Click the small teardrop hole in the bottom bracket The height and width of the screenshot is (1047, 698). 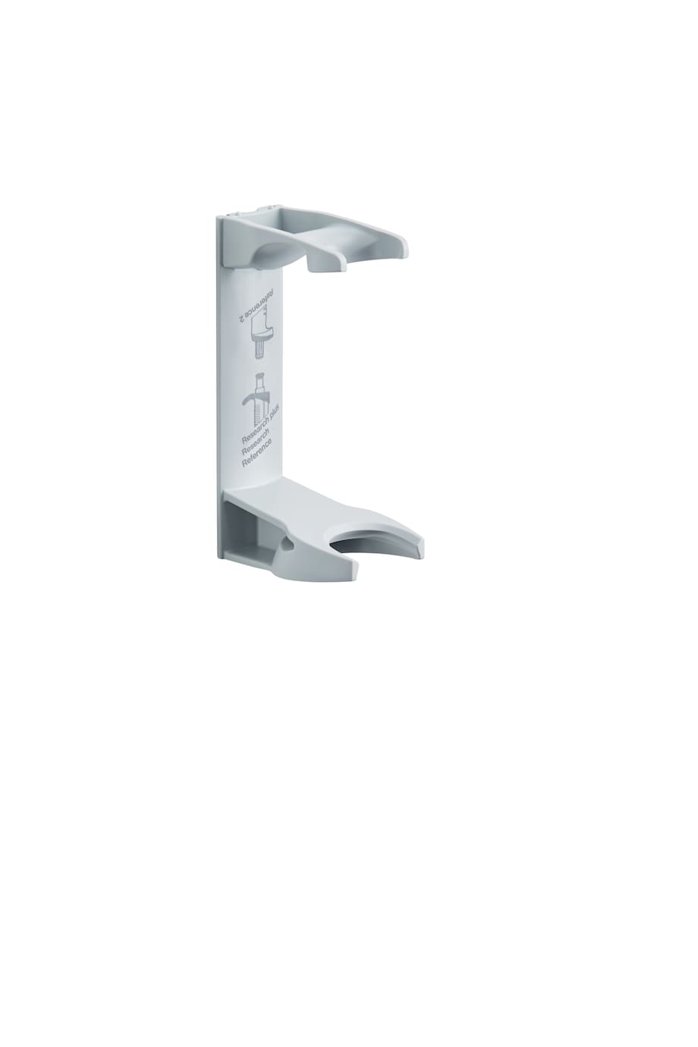288,543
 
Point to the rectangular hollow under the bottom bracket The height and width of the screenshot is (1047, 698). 245,532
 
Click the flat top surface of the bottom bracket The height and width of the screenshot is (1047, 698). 303,505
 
